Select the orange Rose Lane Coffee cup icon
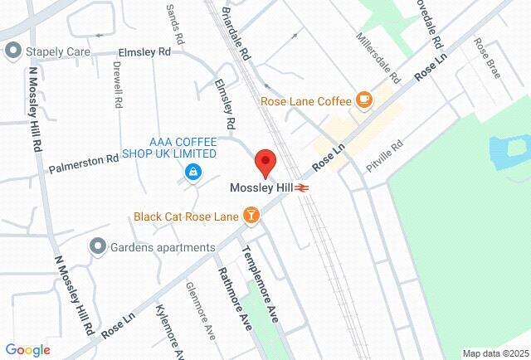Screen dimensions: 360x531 pos(363,101)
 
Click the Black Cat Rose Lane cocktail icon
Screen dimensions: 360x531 pos(251,216)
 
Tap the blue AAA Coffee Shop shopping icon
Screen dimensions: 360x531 pos(192,172)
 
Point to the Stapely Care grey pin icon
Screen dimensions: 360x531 pos(12,51)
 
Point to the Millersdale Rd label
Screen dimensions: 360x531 pos(378,59)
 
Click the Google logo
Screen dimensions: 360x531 pos(27,349)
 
